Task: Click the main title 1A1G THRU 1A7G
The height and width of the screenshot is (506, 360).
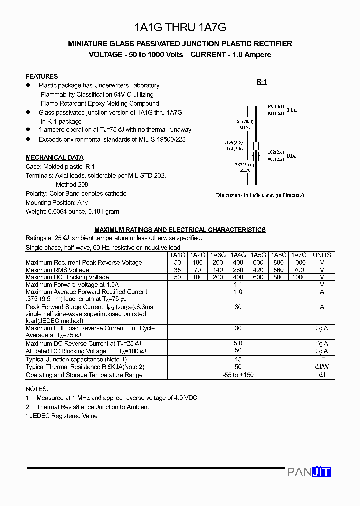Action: pos(180,28)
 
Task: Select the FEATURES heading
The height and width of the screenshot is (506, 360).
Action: pos(42,76)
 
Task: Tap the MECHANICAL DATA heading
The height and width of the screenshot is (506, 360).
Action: pos(55,157)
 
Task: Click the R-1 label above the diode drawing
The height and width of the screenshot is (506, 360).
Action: pos(262,82)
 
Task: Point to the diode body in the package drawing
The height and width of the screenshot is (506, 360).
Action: pos(256,146)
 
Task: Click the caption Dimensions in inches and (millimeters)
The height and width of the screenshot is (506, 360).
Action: pos(260,195)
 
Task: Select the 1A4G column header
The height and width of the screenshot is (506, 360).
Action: pos(238,255)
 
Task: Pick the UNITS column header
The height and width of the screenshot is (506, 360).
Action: pos(322,255)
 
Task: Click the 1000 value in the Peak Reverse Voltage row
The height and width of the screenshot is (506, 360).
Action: pos(299,262)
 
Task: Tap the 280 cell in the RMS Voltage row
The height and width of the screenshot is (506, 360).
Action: pos(238,270)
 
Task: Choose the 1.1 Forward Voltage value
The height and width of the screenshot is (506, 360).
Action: pos(238,284)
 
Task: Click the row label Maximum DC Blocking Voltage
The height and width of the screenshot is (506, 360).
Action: pos(67,277)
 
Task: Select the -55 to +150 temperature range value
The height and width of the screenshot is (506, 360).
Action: pos(238,375)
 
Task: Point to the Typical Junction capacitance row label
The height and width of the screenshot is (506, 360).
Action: pos(76,359)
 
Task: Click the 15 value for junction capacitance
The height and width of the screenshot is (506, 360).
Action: pos(238,359)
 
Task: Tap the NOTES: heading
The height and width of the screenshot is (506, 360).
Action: pos(37,389)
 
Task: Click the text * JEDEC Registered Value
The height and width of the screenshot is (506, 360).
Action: pos(61,416)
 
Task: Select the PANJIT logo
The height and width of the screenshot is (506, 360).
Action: pos(309,472)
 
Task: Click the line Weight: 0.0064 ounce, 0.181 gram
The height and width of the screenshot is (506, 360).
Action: pos(72,211)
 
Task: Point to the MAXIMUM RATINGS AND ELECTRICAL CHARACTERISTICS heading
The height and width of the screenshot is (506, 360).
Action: pos(180,230)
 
